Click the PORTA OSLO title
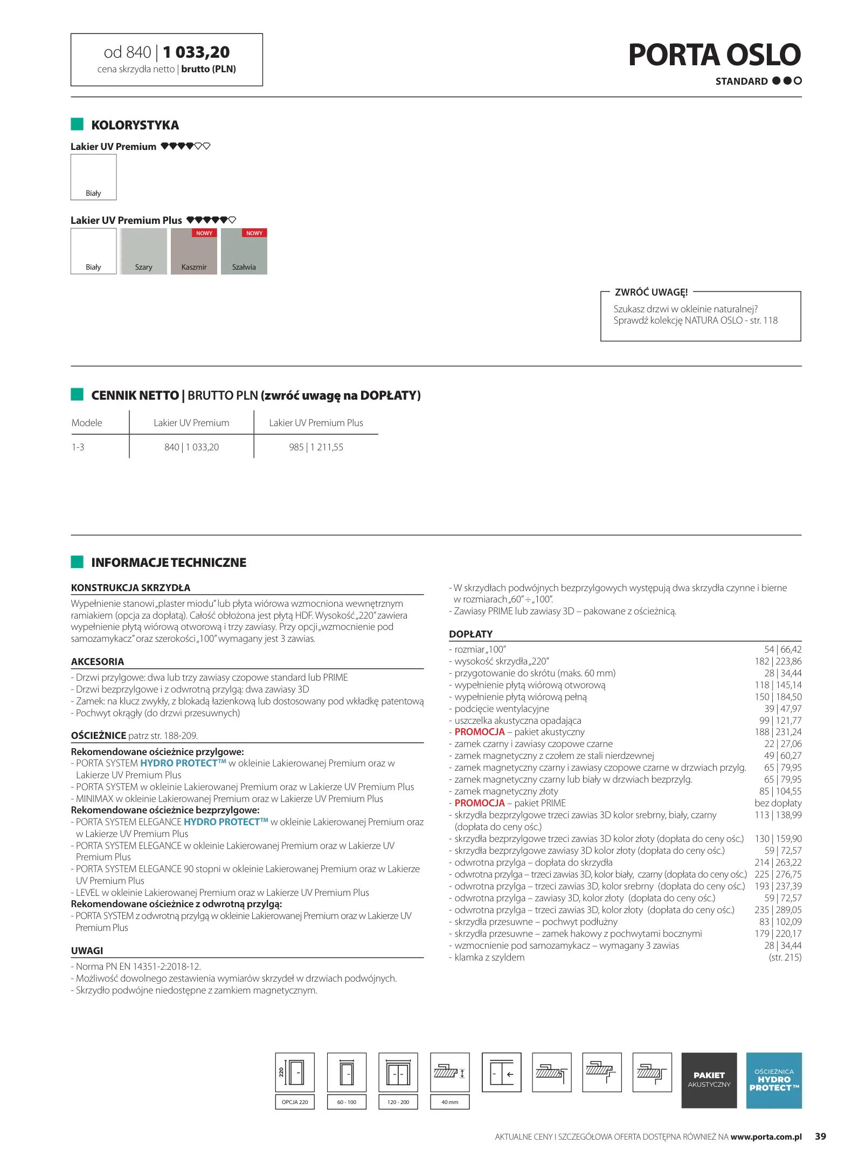(714, 55)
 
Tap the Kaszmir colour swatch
(194, 252)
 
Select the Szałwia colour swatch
(244, 252)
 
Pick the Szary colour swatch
(143, 252)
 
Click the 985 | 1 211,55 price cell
(316, 447)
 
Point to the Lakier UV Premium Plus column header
(316, 423)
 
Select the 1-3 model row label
(78, 447)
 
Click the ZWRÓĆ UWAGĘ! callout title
(651, 292)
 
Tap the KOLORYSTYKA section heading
(135, 125)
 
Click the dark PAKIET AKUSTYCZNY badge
(709, 1080)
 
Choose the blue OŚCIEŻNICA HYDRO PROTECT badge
(774, 1080)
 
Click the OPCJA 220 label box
(295, 1102)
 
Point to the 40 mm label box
(449, 1102)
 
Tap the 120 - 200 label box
(398, 1102)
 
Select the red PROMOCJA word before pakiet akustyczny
(480, 732)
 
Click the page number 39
(820, 1136)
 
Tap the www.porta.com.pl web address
(766, 1137)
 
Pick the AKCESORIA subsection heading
(98, 662)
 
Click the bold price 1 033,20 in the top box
(196, 52)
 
